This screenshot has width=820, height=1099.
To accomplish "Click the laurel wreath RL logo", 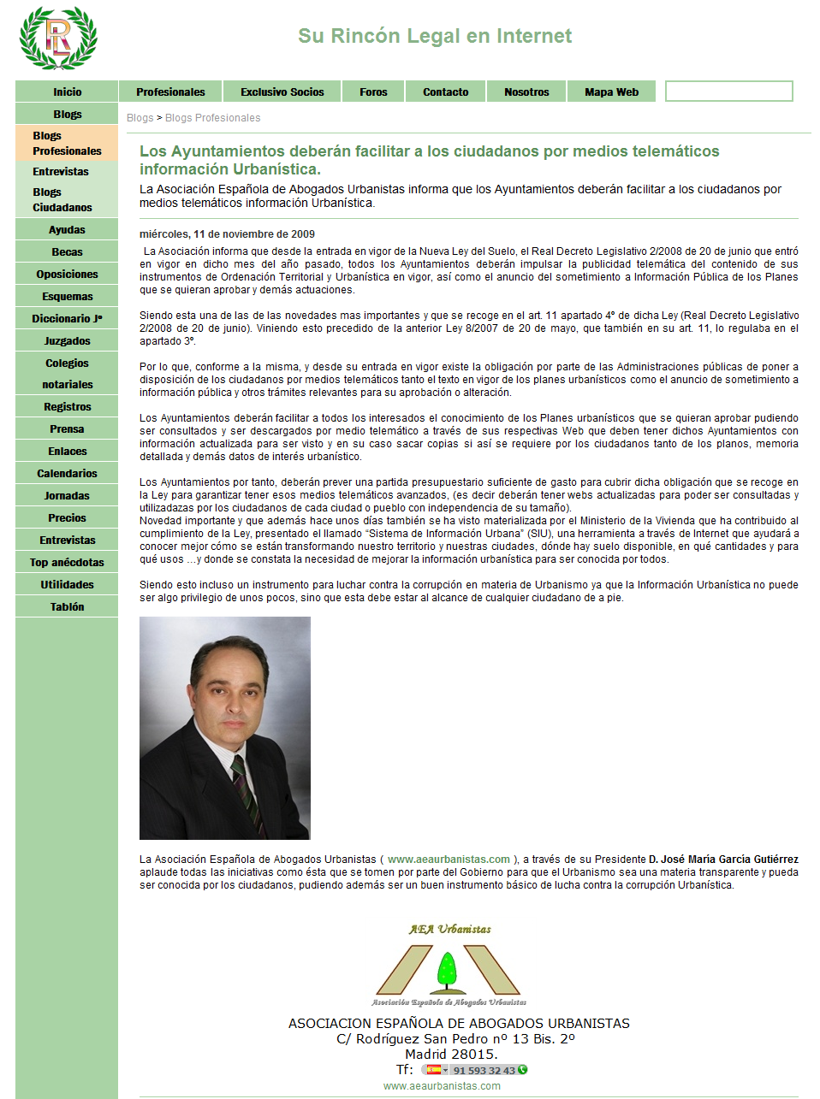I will pos(58,38).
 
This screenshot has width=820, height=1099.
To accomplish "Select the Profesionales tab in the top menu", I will pos(170,92).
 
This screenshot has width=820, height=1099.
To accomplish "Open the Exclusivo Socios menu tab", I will pos(282,92).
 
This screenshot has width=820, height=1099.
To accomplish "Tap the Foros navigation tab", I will pos(373,92).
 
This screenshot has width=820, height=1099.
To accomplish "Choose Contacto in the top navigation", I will pos(445,92).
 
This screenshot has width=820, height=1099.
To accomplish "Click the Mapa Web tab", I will pos(611,92).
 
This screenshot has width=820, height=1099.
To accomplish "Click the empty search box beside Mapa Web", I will pos(728,92).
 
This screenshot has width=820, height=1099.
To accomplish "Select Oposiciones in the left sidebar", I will pos(67,275).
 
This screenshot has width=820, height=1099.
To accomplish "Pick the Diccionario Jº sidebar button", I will pos(67,319).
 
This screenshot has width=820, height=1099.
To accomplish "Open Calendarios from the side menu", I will pos(67,474).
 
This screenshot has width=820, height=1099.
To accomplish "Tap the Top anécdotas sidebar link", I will pos(67,563).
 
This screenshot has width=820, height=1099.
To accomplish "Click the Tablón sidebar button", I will pos(67,607).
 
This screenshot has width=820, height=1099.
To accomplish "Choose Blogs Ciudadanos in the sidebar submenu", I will pos(62,200).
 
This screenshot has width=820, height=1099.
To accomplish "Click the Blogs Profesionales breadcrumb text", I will pos(212,118).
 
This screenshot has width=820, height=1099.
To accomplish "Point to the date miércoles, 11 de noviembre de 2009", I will pos(227,234).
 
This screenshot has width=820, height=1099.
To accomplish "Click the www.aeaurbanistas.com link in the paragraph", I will pos(449,860).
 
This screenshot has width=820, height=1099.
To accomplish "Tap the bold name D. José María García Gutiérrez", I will pos(723,860).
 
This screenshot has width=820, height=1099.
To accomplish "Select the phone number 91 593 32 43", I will pos(484,1071).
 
